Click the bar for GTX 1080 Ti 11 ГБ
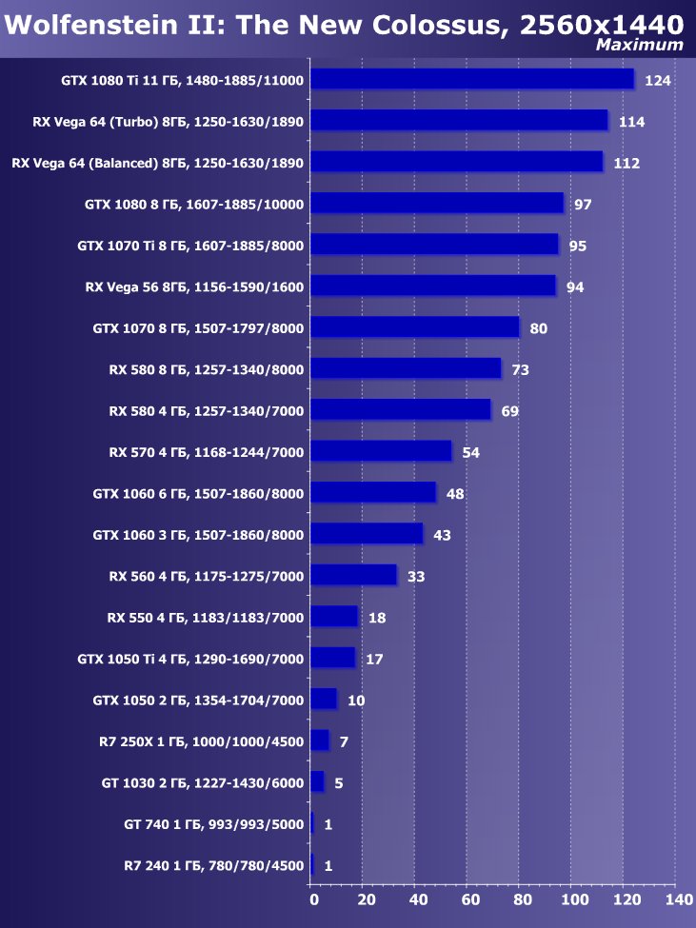[472, 79]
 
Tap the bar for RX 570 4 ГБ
[381, 451]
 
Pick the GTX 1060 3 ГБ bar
[367, 534]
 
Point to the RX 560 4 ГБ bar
[353, 575]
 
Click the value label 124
[658, 81]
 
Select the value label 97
[584, 205]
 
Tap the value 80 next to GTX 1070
[539, 328]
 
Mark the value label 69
[510, 411]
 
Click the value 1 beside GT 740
[328, 824]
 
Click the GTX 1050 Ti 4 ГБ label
[190, 659]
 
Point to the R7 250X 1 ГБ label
[201, 741]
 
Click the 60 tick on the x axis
[469, 898]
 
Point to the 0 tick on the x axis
[312, 898]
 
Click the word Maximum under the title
[639, 45]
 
